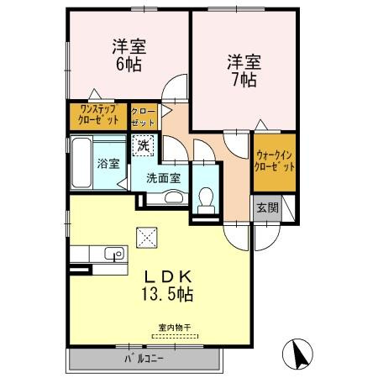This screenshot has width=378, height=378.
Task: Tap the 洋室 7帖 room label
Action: pos(243,71)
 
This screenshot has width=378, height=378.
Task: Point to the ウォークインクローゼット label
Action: pos(275,160)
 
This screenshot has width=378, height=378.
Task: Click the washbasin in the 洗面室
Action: pos(173,197)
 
